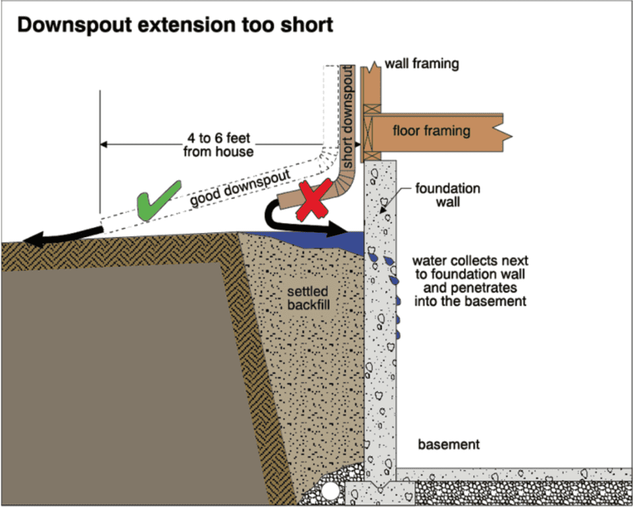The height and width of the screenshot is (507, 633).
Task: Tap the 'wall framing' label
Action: [x=422, y=64]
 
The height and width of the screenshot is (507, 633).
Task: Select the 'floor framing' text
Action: [x=432, y=131]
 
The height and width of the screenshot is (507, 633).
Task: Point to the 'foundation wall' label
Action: [x=447, y=195]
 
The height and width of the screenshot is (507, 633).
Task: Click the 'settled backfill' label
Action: [x=308, y=298]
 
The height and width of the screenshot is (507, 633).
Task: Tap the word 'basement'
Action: [x=449, y=444]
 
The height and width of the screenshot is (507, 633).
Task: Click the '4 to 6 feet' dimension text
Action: [x=218, y=138]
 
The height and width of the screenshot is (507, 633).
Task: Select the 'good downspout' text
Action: [x=240, y=187]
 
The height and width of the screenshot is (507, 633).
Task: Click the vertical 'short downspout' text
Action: [x=347, y=117]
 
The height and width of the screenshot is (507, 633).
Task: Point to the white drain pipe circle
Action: [x=330, y=491]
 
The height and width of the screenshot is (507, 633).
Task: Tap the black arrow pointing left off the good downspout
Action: [x=63, y=236]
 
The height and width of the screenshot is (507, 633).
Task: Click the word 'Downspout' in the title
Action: [x=75, y=25]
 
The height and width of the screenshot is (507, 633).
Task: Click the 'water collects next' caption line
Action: [x=470, y=260]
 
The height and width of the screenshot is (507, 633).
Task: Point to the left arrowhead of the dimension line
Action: [x=104, y=145]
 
